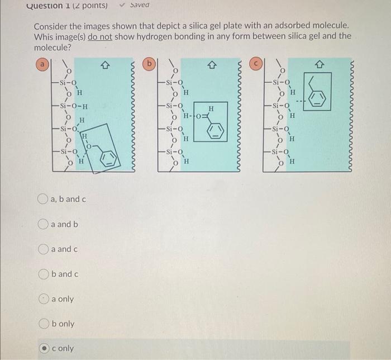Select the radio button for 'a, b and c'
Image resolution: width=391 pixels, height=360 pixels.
(43, 200)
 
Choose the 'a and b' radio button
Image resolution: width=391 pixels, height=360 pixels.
(43, 224)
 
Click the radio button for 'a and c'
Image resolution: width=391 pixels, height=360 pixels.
(43, 249)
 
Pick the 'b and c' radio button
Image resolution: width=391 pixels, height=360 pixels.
(43, 274)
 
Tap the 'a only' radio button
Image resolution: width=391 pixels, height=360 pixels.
(43, 299)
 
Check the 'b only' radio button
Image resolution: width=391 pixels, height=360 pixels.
(43, 324)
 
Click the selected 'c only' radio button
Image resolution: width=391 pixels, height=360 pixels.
(43, 349)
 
